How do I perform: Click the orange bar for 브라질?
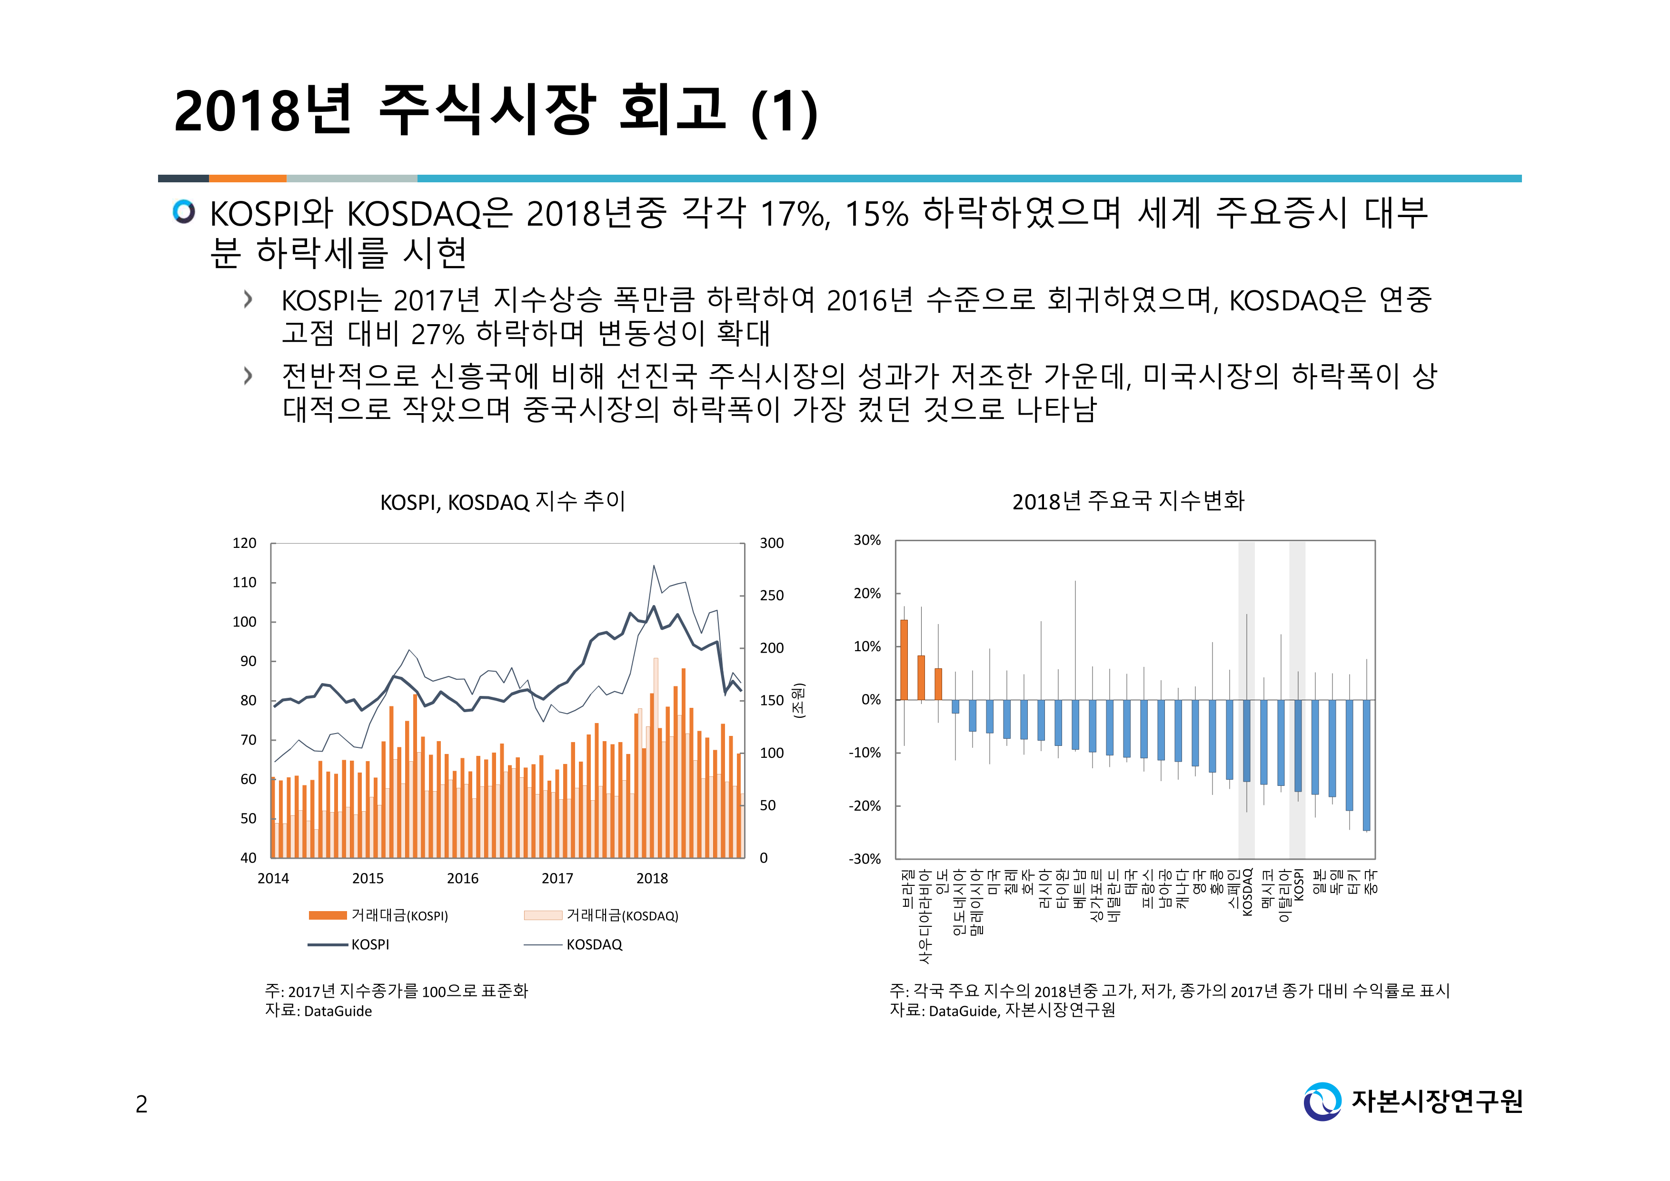tap(904, 660)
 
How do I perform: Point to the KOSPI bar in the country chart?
tap(1298, 745)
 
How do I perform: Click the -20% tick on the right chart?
tap(865, 806)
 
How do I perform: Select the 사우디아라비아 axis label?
tap(924, 916)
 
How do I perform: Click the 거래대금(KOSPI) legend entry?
tap(378, 915)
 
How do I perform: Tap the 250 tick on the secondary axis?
tap(772, 595)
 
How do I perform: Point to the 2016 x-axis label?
tap(463, 878)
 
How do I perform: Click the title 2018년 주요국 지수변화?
tap(1128, 501)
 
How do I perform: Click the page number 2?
tap(142, 1104)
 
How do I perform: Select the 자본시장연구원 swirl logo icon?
tap(1322, 1101)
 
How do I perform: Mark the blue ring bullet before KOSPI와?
tap(184, 212)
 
